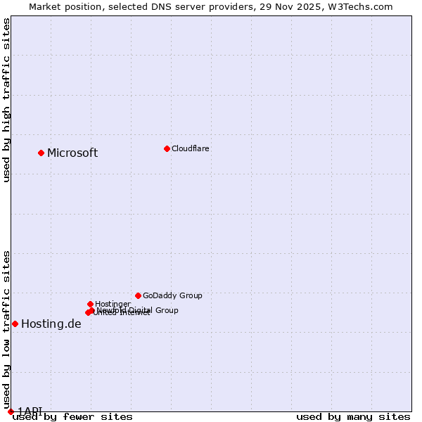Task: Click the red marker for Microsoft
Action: [41, 153]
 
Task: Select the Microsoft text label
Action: [72, 153]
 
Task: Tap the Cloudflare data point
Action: [167, 148]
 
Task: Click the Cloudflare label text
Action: [191, 148]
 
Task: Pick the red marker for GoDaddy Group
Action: [138, 295]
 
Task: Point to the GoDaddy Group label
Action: [172, 295]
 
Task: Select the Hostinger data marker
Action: [90, 304]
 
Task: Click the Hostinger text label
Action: [113, 304]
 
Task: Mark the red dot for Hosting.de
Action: [15, 324]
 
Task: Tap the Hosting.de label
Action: [51, 324]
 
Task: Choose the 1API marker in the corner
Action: [11, 411]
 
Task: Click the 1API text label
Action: [30, 411]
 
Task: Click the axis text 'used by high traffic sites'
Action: [7, 100]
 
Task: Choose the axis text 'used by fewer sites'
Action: [72, 416]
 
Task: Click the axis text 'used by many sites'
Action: [353, 416]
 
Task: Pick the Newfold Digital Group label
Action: [141, 309]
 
